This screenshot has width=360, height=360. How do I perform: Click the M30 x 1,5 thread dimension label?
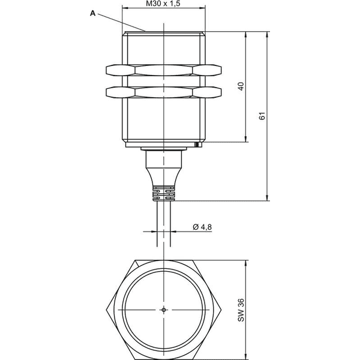click(163, 4)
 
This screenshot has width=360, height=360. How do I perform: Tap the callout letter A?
click(92, 13)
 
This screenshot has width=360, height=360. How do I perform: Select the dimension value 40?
click(241, 86)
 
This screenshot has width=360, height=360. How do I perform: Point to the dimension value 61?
click(262, 116)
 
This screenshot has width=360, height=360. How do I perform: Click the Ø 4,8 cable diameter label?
click(202, 227)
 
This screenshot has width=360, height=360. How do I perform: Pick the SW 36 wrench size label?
click(241, 310)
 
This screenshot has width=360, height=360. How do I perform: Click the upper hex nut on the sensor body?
click(164, 70)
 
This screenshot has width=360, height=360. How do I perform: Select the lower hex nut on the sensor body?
click(164, 92)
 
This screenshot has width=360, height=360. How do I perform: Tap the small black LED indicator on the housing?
click(196, 145)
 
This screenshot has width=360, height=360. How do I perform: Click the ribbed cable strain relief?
click(163, 193)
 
